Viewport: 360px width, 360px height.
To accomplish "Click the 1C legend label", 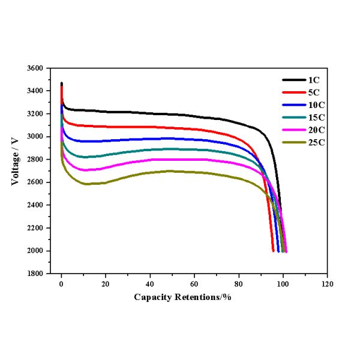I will (314, 80).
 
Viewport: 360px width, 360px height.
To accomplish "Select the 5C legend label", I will (314, 92).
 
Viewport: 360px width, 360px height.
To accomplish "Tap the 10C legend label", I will (316, 105).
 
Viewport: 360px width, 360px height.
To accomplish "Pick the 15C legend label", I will (316, 117).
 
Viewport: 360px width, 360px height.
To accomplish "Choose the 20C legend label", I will (316, 130).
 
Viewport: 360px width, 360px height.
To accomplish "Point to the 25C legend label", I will (316, 142).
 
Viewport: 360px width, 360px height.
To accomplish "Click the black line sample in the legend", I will (293, 80).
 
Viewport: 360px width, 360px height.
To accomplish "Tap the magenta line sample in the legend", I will (293, 130).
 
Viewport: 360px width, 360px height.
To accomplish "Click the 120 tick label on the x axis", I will (328, 281).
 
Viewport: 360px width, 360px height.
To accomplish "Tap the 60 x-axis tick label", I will (194, 281).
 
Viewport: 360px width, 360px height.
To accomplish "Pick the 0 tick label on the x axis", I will (61, 281).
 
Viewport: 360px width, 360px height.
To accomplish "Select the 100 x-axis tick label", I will (283, 281).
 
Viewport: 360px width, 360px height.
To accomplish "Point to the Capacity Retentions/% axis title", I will (182, 297).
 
